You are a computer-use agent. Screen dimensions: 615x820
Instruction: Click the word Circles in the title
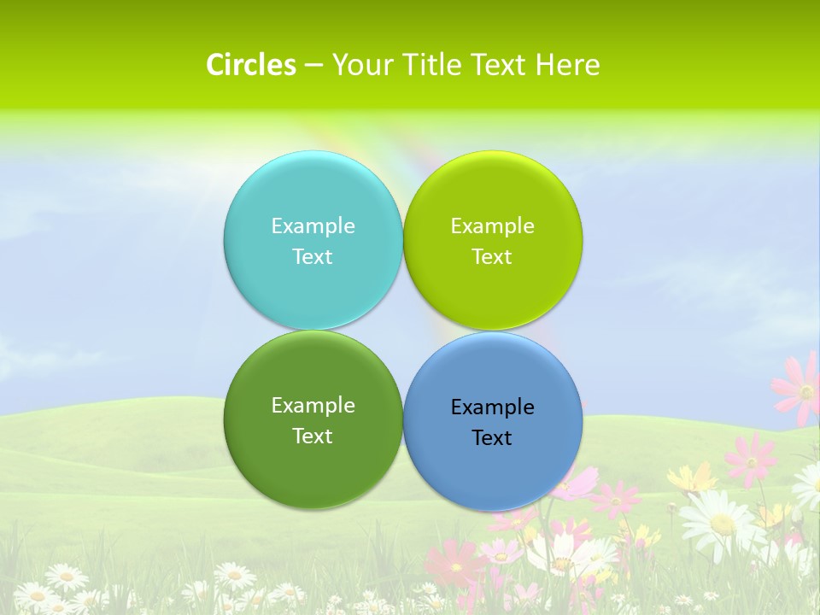(x=251, y=65)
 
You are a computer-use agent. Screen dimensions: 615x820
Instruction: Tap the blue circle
(x=493, y=470)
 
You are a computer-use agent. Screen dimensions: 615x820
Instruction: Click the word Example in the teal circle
(x=313, y=225)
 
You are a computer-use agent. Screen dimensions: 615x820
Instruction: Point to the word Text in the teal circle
(x=313, y=256)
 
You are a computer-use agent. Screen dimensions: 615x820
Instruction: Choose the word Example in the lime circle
(x=493, y=225)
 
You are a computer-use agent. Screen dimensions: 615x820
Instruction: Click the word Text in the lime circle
(x=493, y=256)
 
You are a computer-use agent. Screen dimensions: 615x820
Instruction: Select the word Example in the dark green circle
(x=313, y=405)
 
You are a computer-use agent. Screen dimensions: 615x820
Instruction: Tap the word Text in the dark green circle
(x=313, y=436)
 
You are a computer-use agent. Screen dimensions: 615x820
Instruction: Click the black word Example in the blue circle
(x=493, y=407)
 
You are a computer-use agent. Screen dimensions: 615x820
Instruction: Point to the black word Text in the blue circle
(x=493, y=437)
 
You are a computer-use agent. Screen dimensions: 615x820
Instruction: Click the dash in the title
(x=313, y=65)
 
